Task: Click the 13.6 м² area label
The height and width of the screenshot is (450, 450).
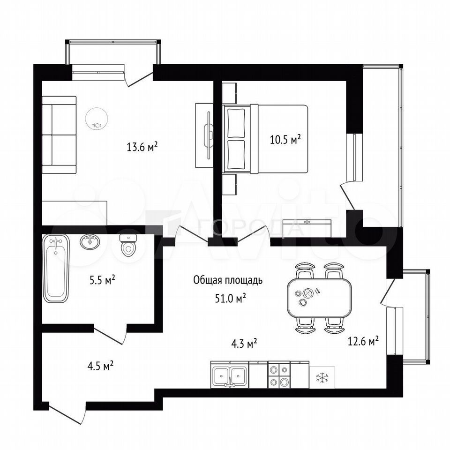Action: pyautogui.click(x=142, y=147)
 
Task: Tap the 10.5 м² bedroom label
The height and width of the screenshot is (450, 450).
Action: pyautogui.click(x=285, y=140)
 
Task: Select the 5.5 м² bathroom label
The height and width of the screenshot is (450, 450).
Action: pyautogui.click(x=103, y=280)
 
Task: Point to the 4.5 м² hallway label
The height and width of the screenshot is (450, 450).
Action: pyautogui.click(x=100, y=366)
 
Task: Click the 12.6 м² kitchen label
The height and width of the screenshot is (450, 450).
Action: pyautogui.click(x=363, y=341)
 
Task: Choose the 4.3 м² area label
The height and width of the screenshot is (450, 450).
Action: pyautogui.click(x=244, y=343)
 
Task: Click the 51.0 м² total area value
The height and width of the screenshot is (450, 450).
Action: pyautogui.click(x=231, y=299)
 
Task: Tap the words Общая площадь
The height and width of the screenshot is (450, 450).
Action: pyautogui.click(x=228, y=280)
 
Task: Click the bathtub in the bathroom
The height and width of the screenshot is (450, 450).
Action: pyautogui.click(x=56, y=268)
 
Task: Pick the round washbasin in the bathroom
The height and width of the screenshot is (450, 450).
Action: pyautogui.click(x=90, y=242)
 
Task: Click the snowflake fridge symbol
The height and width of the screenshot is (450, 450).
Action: pyautogui.click(x=322, y=377)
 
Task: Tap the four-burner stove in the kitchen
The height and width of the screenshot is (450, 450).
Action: pyautogui.click(x=279, y=375)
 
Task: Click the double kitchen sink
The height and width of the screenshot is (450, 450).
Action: pyautogui.click(x=230, y=375)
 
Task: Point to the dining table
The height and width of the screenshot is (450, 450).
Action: pyautogui.click(x=319, y=298)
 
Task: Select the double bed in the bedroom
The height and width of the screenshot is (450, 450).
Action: pyautogui.click(x=265, y=139)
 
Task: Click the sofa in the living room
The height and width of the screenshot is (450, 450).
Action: pyautogui.click(x=59, y=135)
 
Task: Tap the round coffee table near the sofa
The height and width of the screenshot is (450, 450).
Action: pyautogui.click(x=97, y=119)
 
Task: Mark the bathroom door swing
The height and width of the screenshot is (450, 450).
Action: pyautogui.click(x=111, y=334)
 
